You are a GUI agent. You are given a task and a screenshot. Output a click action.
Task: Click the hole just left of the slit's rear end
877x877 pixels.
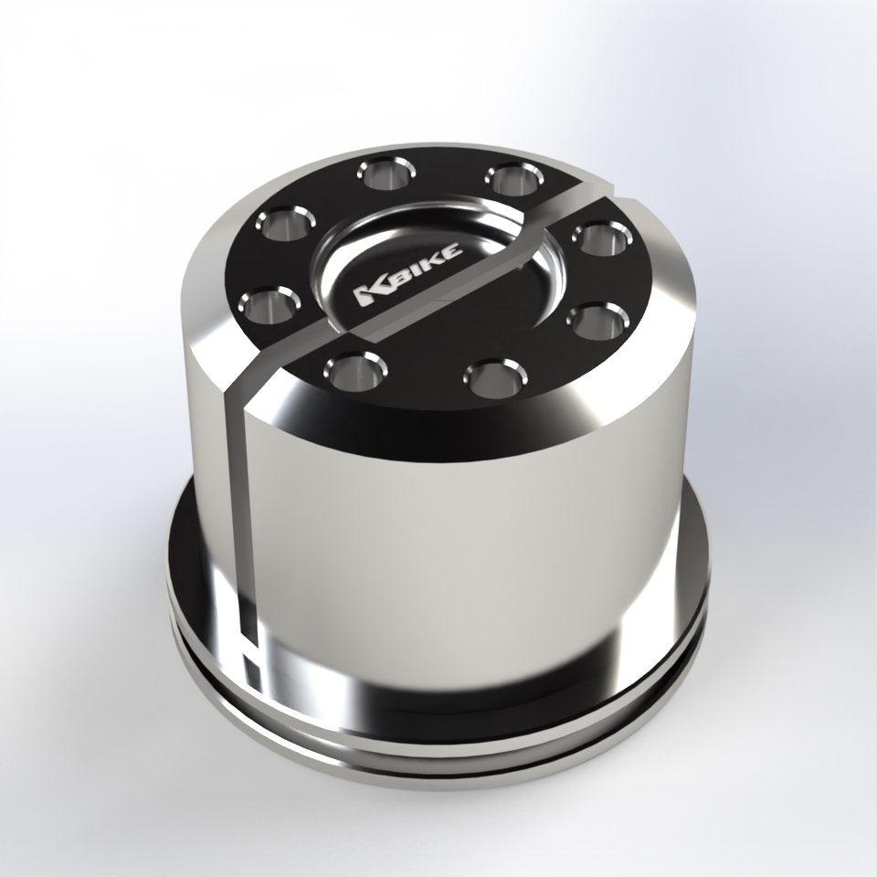(x=510, y=176)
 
